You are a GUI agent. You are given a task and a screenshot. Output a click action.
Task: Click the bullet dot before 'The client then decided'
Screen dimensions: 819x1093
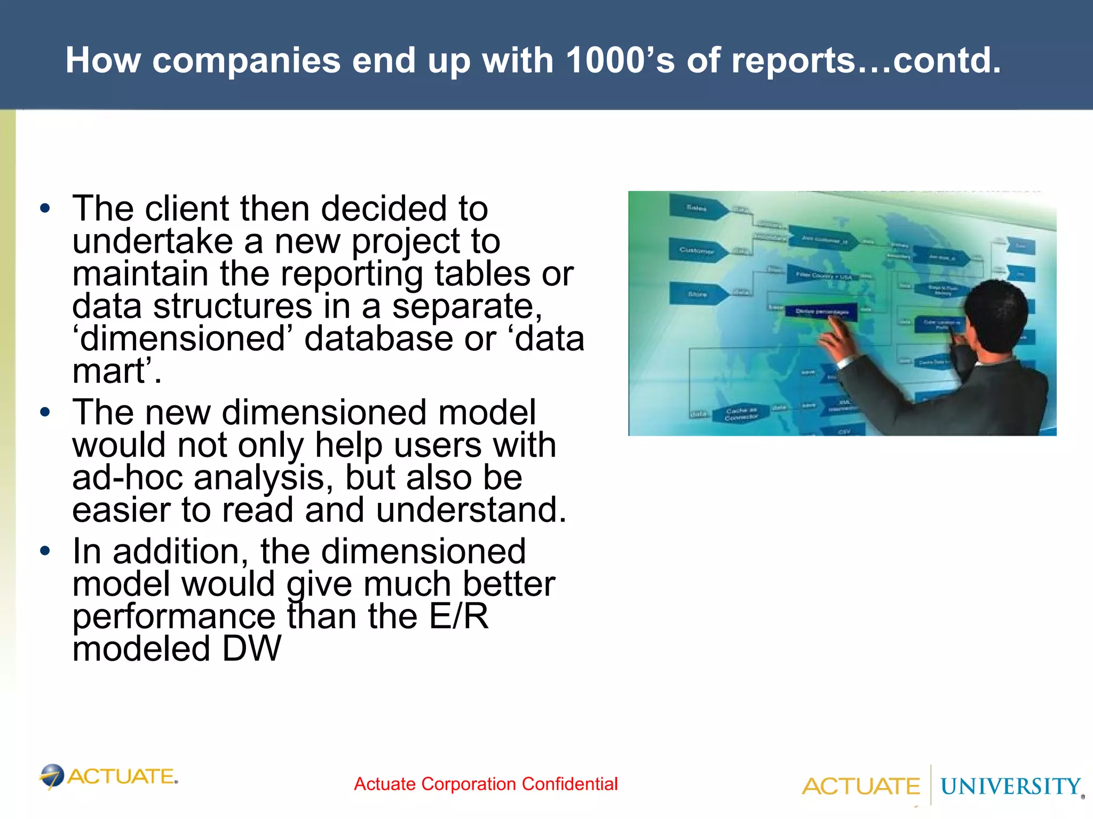coord(45,208)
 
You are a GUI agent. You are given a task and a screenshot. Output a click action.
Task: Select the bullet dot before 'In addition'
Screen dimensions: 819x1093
coord(45,551)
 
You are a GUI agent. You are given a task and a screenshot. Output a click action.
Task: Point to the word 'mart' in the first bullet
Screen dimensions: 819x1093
coord(109,371)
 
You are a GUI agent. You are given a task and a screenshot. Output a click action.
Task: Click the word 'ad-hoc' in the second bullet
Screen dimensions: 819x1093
coord(128,478)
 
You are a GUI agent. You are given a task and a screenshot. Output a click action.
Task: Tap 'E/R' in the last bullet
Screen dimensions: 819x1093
coord(458,617)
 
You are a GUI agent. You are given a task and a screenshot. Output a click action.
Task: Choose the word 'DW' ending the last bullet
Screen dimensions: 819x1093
coord(251,649)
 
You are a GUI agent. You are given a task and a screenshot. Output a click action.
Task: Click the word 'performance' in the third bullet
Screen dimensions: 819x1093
coord(174,617)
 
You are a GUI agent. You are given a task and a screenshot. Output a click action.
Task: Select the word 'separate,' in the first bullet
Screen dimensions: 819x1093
coord(468,306)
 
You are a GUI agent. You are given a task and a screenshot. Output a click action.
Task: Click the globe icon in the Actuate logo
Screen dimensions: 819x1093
coord(52,776)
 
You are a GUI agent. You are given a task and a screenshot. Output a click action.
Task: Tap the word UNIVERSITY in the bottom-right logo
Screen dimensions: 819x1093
coord(1010,786)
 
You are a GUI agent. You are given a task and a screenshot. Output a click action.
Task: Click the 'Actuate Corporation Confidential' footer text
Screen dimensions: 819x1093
coord(486,784)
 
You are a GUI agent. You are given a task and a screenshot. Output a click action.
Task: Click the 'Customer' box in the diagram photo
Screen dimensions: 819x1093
coord(697,250)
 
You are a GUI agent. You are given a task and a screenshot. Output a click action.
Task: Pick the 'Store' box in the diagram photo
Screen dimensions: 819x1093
coord(698,294)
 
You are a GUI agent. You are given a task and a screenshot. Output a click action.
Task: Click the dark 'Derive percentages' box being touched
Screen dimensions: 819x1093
coord(821,311)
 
